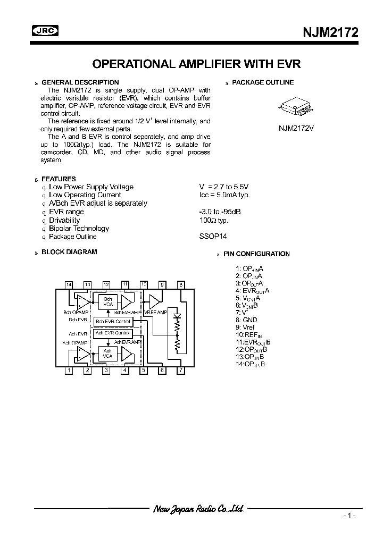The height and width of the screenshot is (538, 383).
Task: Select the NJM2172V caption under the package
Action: click(296, 128)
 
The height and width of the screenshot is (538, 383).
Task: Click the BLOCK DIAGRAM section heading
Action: click(69, 252)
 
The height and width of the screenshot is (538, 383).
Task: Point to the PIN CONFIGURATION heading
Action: click(256, 254)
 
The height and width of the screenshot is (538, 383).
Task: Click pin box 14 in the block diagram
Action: click(69, 285)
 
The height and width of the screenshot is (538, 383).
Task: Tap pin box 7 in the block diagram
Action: click(181, 371)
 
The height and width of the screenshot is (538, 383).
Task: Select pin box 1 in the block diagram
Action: click(69, 371)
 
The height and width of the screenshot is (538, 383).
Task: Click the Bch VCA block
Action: click(108, 301)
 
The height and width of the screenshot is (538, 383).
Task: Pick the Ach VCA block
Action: click(107, 354)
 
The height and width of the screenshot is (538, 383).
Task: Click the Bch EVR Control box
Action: click(112, 322)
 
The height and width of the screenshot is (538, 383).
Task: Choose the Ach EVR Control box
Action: click(112, 333)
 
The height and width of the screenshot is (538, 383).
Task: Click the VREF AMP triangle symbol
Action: click(155, 302)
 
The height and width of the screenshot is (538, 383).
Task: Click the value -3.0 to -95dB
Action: click(219, 212)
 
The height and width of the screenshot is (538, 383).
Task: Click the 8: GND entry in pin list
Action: click(246, 320)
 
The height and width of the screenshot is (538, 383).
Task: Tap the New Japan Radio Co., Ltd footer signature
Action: click(198, 509)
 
